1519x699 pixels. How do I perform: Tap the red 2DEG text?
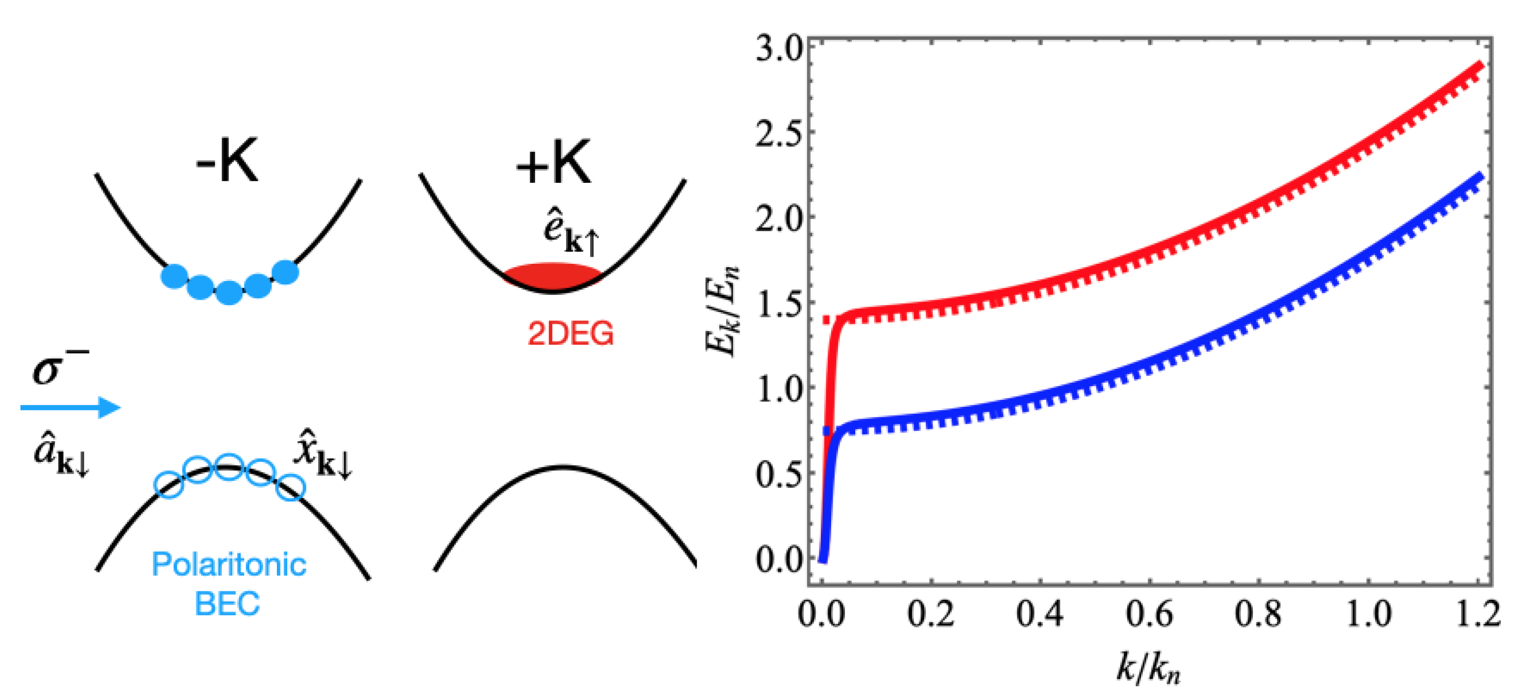point(570,335)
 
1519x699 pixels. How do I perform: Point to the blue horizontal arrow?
point(71,407)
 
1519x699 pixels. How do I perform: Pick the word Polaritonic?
point(229,564)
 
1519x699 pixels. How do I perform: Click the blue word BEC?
point(228,603)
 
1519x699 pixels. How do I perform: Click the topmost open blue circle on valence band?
point(229,466)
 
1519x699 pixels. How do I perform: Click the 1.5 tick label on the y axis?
point(778,304)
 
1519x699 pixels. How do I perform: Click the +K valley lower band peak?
point(563,468)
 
